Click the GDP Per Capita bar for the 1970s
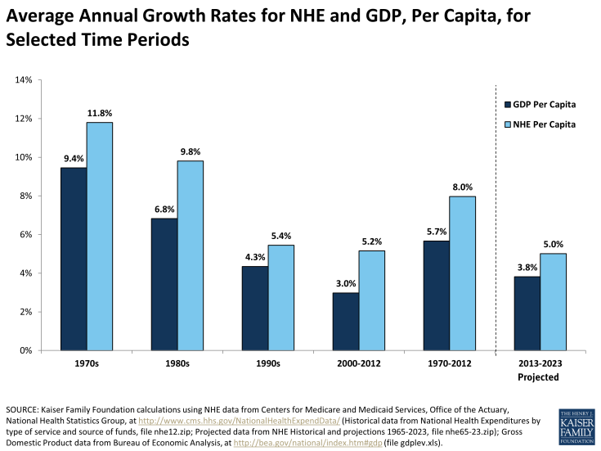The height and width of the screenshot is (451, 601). tap(74, 259)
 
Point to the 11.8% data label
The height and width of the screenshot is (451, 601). tap(100, 113)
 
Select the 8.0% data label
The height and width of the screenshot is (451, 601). tap(462, 187)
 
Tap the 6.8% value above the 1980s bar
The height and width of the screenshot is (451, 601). tap(164, 209)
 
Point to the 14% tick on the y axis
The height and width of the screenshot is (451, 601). tap(22, 80)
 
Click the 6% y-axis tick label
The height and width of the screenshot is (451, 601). tap(25, 235)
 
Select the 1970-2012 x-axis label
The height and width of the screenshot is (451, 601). tap(448, 363)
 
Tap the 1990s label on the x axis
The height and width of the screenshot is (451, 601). tap(268, 363)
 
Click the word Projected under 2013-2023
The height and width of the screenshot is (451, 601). tap(538, 377)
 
